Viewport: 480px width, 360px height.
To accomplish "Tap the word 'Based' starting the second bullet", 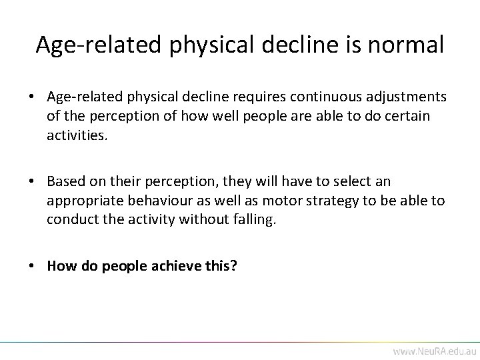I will point(63,181).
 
